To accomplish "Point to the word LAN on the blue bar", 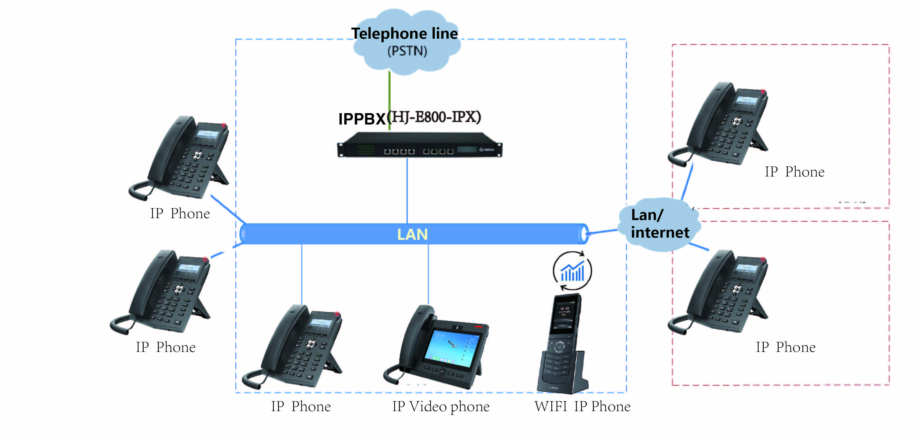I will (412, 234).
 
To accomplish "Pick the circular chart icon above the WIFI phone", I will (572, 271).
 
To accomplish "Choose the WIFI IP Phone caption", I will (582, 406).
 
